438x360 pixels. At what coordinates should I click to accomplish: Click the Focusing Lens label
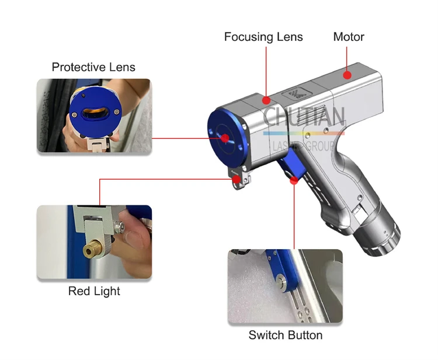263,37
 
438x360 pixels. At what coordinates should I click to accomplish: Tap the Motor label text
349,37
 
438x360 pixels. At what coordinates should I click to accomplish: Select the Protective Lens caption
93,67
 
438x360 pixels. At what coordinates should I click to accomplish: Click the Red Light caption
94,291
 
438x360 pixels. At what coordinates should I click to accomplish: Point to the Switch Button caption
286,335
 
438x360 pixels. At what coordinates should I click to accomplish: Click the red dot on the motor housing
347,75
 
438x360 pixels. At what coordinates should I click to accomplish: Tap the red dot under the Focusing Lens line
266,100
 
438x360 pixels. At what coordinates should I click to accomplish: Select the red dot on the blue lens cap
225,138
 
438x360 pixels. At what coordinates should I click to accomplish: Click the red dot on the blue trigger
294,180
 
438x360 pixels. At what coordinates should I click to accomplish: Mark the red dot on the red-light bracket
237,179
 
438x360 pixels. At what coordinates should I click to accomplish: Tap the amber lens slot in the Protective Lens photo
95,113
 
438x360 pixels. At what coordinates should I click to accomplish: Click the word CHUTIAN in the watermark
304,116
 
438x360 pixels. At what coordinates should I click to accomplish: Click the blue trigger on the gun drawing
292,164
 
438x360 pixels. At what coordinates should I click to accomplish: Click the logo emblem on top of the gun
296,93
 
